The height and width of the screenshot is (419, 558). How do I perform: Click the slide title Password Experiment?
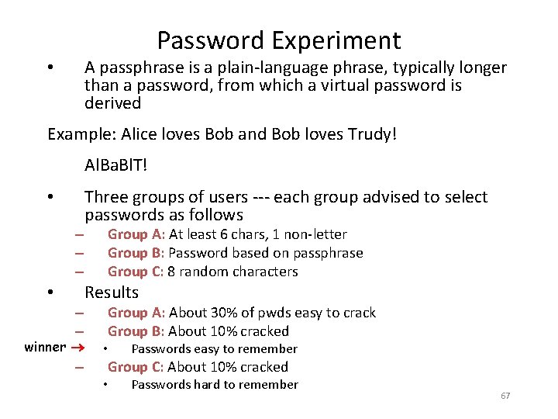coord(279,40)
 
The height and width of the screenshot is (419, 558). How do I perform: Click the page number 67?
coord(505,396)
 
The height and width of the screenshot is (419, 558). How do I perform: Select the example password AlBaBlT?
coord(116,165)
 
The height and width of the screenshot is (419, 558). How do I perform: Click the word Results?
coord(112,293)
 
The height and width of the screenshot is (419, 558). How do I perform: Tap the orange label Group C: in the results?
coord(136,367)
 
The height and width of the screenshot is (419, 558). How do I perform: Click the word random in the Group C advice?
coord(203,272)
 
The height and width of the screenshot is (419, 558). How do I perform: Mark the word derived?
coord(113,103)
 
